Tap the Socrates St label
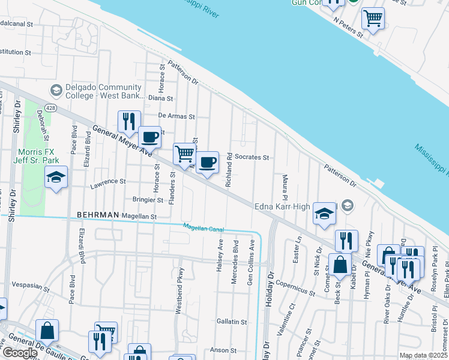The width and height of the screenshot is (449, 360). (252, 157)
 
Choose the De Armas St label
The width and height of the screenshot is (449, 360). (176, 116)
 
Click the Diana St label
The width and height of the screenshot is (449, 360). (160, 98)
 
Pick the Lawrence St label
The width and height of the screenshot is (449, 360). (108, 181)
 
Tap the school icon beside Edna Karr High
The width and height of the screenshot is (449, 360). (324, 214)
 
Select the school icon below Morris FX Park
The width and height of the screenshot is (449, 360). (56, 177)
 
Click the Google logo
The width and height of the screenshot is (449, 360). (20, 353)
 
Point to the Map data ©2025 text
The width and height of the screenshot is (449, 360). (423, 355)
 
